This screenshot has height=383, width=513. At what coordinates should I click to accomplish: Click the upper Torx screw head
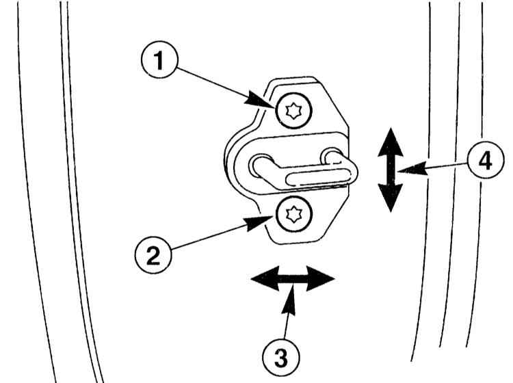(x=294, y=111)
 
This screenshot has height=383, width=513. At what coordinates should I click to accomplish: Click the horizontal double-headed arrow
(x=292, y=279)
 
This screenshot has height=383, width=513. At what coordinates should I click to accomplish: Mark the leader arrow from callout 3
(x=289, y=311)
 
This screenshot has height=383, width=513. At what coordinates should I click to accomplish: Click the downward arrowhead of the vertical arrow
(x=389, y=199)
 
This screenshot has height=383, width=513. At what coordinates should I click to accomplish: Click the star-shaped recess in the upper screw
(x=294, y=111)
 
